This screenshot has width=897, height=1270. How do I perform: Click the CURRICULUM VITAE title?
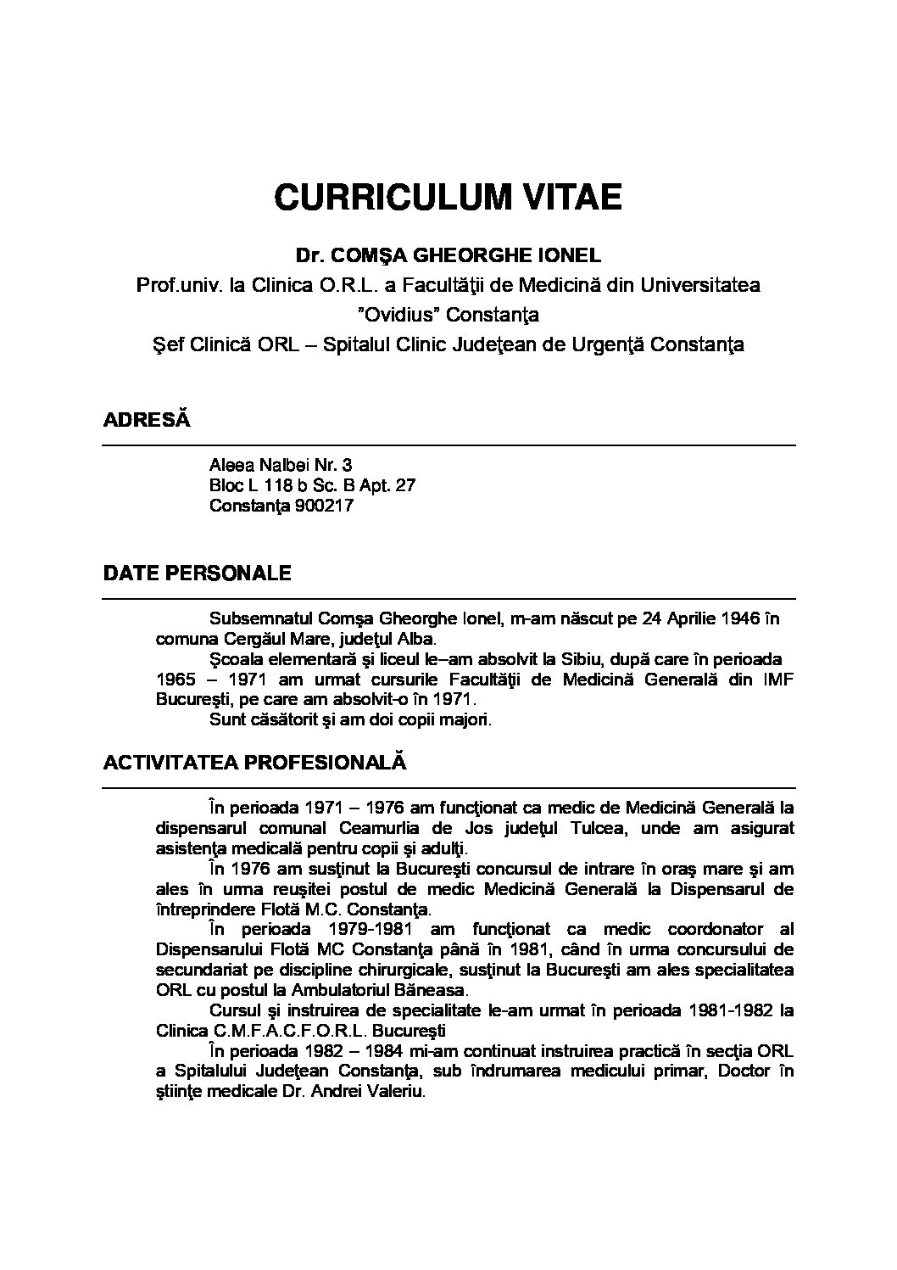tap(448, 197)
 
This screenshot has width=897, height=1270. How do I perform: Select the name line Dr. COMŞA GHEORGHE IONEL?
tap(448, 255)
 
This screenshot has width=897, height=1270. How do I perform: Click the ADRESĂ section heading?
tap(146, 419)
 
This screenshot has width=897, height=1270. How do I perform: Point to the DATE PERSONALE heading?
tap(197, 573)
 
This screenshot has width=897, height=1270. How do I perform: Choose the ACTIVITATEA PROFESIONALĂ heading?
tap(254, 762)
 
